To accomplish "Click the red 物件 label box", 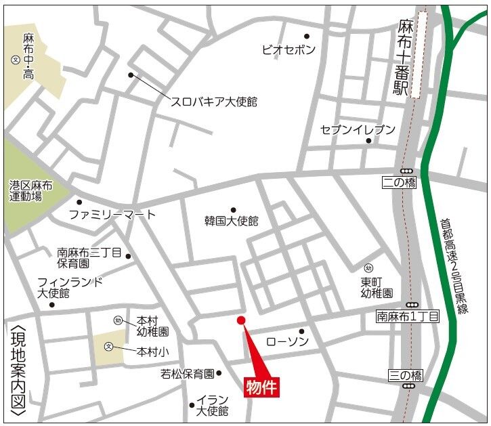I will pos(261,387).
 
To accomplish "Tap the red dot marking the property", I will pos(240,320).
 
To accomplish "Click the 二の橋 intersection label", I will pos(399,182).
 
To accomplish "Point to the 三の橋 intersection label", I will pos(406,375).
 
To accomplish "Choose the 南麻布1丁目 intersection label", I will pos(408,316).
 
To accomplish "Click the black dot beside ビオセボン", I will pos(307,37).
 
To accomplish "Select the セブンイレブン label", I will pos(357,129).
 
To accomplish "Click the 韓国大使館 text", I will pos(232,221).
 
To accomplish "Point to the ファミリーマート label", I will pos(112,215).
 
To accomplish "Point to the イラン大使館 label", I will pos(212,405).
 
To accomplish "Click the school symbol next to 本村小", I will pos(108,347).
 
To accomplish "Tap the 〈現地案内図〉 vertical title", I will pos(18,369).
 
